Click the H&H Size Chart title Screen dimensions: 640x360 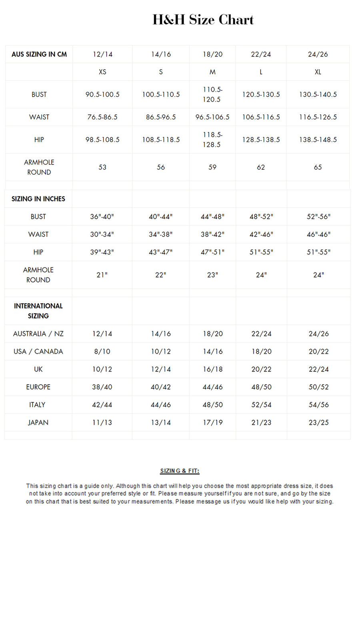[x=203, y=20]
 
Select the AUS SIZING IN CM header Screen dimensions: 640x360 [x=39, y=54]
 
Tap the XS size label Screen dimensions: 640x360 [x=102, y=72]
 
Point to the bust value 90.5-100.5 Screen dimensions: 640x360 [x=102, y=94]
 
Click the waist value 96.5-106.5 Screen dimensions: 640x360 [x=212, y=117]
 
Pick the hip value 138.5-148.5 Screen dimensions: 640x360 [x=318, y=140]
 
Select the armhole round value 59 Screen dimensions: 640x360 [x=212, y=167]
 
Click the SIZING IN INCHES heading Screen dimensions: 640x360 [x=38, y=199]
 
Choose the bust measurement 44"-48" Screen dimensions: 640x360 [x=212, y=216]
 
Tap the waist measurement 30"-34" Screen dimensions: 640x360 [x=102, y=234]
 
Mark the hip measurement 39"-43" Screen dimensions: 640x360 [x=102, y=252]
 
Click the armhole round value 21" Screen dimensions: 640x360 [x=102, y=275]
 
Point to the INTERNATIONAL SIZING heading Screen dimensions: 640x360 [x=38, y=311]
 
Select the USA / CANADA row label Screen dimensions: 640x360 [x=38, y=352]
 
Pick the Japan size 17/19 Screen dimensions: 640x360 [x=212, y=422]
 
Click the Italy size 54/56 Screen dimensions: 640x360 [x=318, y=405]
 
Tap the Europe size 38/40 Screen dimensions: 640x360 [x=102, y=387]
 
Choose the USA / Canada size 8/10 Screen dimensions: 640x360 [x=102, y=352]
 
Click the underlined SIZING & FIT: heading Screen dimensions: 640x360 [x=180, y=471]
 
